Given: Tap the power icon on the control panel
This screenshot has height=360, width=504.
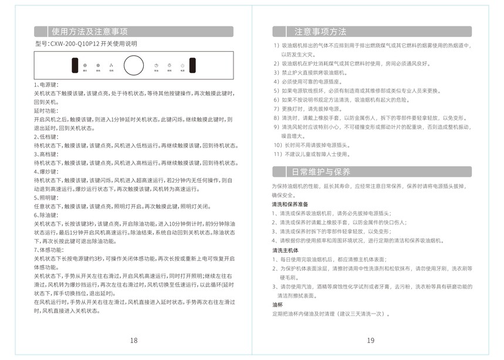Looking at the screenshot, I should click(x=182, y=65).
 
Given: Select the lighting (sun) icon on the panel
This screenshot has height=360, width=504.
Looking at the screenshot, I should click(x=169, y=65).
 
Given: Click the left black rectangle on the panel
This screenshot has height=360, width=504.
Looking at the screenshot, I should click(x=76, y=65).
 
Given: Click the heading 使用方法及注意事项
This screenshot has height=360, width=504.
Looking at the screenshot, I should click(x=89, y=32).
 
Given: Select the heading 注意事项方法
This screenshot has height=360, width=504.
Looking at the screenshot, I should click(x=320, y=32).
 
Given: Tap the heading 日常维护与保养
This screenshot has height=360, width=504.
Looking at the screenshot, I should click(x=320, y=172).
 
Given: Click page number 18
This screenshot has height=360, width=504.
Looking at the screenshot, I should click(x=134, y=341).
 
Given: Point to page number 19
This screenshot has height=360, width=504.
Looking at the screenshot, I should click(x=370, y=341).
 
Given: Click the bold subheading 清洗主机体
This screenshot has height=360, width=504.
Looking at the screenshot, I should click(x=286, y=250).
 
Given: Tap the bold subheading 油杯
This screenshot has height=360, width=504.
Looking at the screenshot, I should click(x=277, y=305).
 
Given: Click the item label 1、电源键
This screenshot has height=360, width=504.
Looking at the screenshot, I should click(x=46, y=85).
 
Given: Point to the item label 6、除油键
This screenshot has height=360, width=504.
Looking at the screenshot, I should click(x=46, y=216).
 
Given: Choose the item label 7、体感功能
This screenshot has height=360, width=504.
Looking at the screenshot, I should click(x=48, y=250).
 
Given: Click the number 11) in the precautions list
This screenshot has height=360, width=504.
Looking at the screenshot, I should click(x=279, y=154).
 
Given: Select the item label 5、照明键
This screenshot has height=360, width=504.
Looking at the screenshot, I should click(x=46, y=198).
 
